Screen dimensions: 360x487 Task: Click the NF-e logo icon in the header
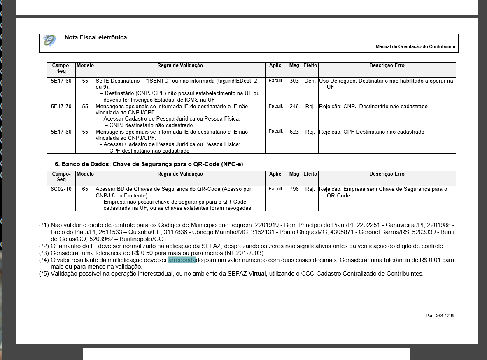pyautogui.click(x=49, y=40)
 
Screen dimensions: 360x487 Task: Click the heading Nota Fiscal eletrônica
pyautogui.click(x=96, y=37)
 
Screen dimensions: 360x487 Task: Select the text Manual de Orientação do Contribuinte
pyautogui.click(x=415, y=47)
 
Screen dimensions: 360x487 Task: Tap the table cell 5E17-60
pyautogui.click(x=61, y=81)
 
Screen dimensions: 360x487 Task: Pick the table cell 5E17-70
pyautogui.click(x=61, y=107)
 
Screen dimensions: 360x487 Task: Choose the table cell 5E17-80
pyautogui.click(x=61, y=132)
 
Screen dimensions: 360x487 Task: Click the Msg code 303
pyautogui.click(x=294, y=81)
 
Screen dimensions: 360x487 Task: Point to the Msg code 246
pyautogui.click(x=294, y=107)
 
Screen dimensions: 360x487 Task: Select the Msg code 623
pyautogui.click(x=294, y=132)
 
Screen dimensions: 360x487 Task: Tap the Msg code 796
pyautogui.click(x=294, y=189)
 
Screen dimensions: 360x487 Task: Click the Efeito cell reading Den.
pyautogui.click(x=310, y=81)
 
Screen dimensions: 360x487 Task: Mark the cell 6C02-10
pyautogui.click(x=61, y=189)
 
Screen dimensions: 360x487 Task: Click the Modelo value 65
pyautogui.click(x=85, y=189)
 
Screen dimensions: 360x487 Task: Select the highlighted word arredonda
pyautogui.click(x=182, y=260)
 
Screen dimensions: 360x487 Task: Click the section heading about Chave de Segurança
pyautogui.click(x=149, y=164)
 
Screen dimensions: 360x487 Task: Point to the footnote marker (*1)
pyautogui.click(x=44, y=225)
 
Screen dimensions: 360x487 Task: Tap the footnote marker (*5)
pyautogui.click(x=44, y=274)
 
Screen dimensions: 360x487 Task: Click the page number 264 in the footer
pyautogui.click(x=440, y=316)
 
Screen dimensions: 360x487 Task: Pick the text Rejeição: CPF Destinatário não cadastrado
pyautogui.click(x=371, y=132)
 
